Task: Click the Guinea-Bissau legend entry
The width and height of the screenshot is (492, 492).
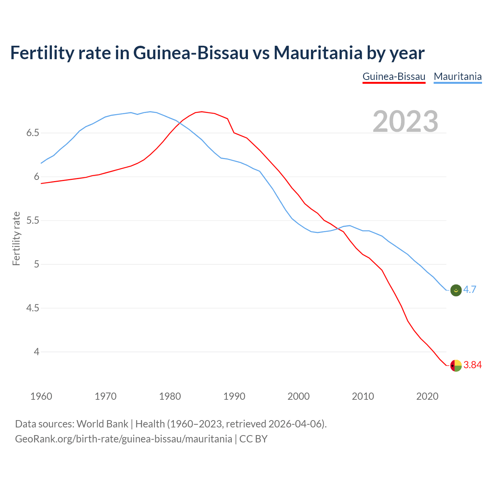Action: pos(394,76)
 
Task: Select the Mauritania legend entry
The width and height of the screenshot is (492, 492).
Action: pos(457,76)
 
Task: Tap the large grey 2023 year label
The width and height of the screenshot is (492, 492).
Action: pos(406,121)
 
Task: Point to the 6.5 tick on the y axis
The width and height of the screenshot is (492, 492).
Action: pos(33,133)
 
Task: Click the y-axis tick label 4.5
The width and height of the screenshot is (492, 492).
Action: pos(33,308)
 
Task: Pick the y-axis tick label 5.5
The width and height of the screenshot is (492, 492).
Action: pos(33,221)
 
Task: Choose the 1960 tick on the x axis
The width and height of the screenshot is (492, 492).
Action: pos(41,396)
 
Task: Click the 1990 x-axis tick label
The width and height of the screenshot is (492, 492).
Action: pos(234,396)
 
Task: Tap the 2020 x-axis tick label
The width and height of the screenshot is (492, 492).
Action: pos(427,396)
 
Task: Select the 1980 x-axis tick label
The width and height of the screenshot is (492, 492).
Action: pos(170,396)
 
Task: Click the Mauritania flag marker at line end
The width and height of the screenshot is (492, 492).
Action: pos(456,291)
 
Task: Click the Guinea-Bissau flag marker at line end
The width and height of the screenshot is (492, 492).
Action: pos(456,366)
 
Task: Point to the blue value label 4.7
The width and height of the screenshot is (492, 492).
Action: pos(470,290)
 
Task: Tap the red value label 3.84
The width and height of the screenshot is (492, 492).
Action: pos(472,365)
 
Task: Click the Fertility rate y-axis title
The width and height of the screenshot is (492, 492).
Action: pos(16,238)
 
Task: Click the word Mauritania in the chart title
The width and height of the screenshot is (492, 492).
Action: pos(317,53)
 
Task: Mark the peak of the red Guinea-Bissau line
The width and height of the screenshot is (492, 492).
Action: pos(202,111)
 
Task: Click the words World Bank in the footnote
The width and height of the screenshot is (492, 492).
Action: pos(102,424)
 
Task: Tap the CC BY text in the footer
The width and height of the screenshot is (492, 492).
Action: pos(253,439)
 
